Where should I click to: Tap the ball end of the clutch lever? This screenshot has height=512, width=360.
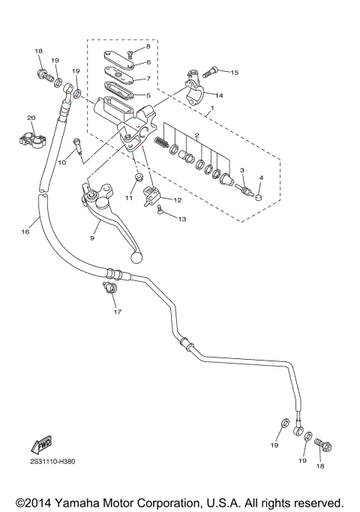(136, 257)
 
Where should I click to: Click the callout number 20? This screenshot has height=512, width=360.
(31, 118)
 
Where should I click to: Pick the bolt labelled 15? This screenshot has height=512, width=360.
(212, 73)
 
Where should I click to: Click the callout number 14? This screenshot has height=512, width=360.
(220, 95)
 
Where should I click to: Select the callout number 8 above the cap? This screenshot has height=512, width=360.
(148, 46)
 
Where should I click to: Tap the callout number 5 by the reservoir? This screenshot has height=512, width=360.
(148, 95)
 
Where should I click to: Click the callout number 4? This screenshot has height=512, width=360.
(261, 178)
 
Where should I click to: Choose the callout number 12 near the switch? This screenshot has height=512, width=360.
(178, 200)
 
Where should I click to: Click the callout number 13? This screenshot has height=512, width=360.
(181, 218)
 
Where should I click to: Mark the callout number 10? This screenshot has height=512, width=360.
(62, 163)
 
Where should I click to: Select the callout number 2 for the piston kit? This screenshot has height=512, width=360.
(196, 136)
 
